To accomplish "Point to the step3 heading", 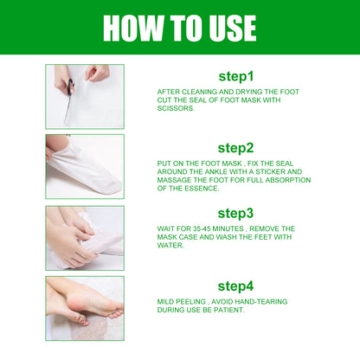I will click(235, 213).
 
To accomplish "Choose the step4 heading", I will click(235, 284).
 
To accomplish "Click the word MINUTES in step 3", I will click(233, 228).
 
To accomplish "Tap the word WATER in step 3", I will click(170, 245).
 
